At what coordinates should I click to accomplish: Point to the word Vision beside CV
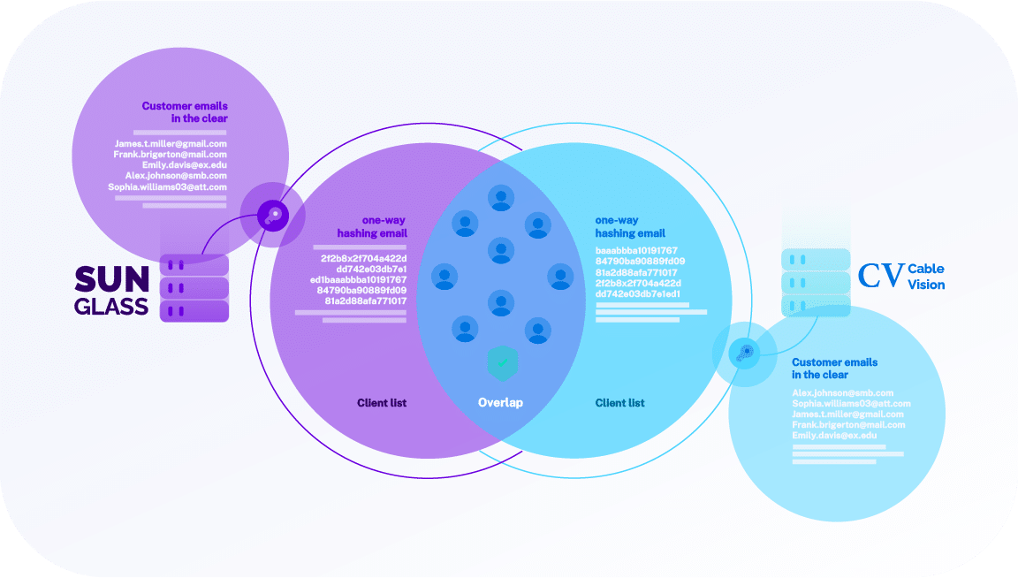click(927, 285)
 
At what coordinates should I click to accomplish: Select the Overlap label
click(500, 403)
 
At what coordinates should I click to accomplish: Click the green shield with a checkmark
click(503, 362)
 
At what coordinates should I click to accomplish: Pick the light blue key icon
click(744, 354)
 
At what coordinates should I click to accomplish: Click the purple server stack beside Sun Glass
click(194, 287)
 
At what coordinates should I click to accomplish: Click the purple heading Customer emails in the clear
click(185, 112)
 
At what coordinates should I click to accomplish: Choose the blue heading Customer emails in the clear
click(834, 369)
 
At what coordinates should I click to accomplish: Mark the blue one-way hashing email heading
click(630, 226)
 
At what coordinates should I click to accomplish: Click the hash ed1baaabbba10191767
click(358, 279)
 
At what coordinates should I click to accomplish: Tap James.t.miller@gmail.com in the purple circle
click(171, 143)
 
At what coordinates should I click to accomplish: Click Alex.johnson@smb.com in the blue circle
click(842, 392)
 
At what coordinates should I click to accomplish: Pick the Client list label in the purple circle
click(382, 403)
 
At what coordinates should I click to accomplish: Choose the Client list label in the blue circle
click(619, 403)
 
